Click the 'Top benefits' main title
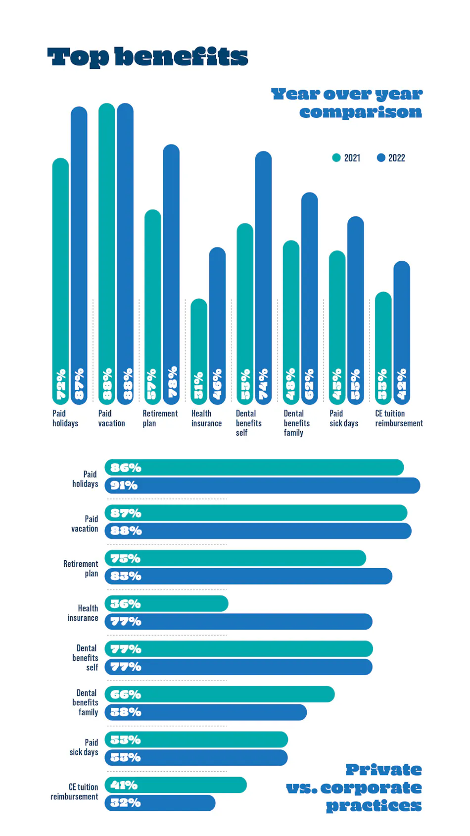coord(147,57)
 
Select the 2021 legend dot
coord(336,158)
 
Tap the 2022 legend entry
coord(391,158)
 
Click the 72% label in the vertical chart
coord(60,385)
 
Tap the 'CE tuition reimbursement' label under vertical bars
coord(398,418)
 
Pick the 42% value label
coord(402,385)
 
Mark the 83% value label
coord(126,576)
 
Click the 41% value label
coord(124,785)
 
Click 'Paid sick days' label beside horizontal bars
coord(84,747)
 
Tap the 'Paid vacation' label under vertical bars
coord(111,418)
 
